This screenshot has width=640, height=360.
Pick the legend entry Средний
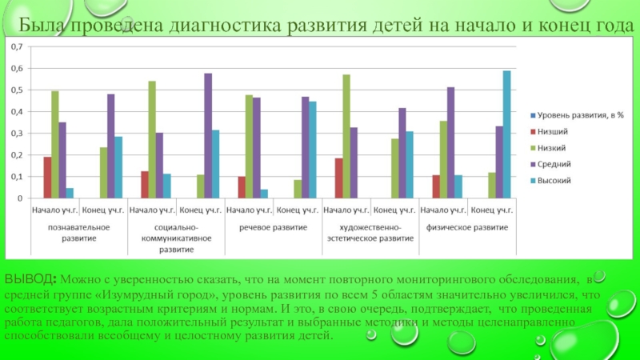pyautogui.click(x=555, y=165)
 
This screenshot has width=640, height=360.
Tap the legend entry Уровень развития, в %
pyautogui.click(x=575, y=116)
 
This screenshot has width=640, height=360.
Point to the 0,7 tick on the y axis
pyautogui.click(x=17, y=47)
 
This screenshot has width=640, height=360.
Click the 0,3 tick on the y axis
pyautogui.click(x=17, y=134)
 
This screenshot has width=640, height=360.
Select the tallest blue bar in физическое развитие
pyautogui.click(x=506, y=134)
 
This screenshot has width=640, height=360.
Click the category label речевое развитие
pyautogui.click(x=274, y=227)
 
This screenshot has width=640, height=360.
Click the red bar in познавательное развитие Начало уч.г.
pyautogui.click(x=47, y=178)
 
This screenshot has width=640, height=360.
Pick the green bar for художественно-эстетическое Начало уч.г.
pyautogui.click(x=346, y=137)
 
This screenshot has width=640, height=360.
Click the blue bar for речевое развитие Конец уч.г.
pyautogui.click(x=313, y=150)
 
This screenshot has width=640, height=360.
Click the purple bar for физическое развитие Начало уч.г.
pyautogui.click(x=450, y=143)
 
